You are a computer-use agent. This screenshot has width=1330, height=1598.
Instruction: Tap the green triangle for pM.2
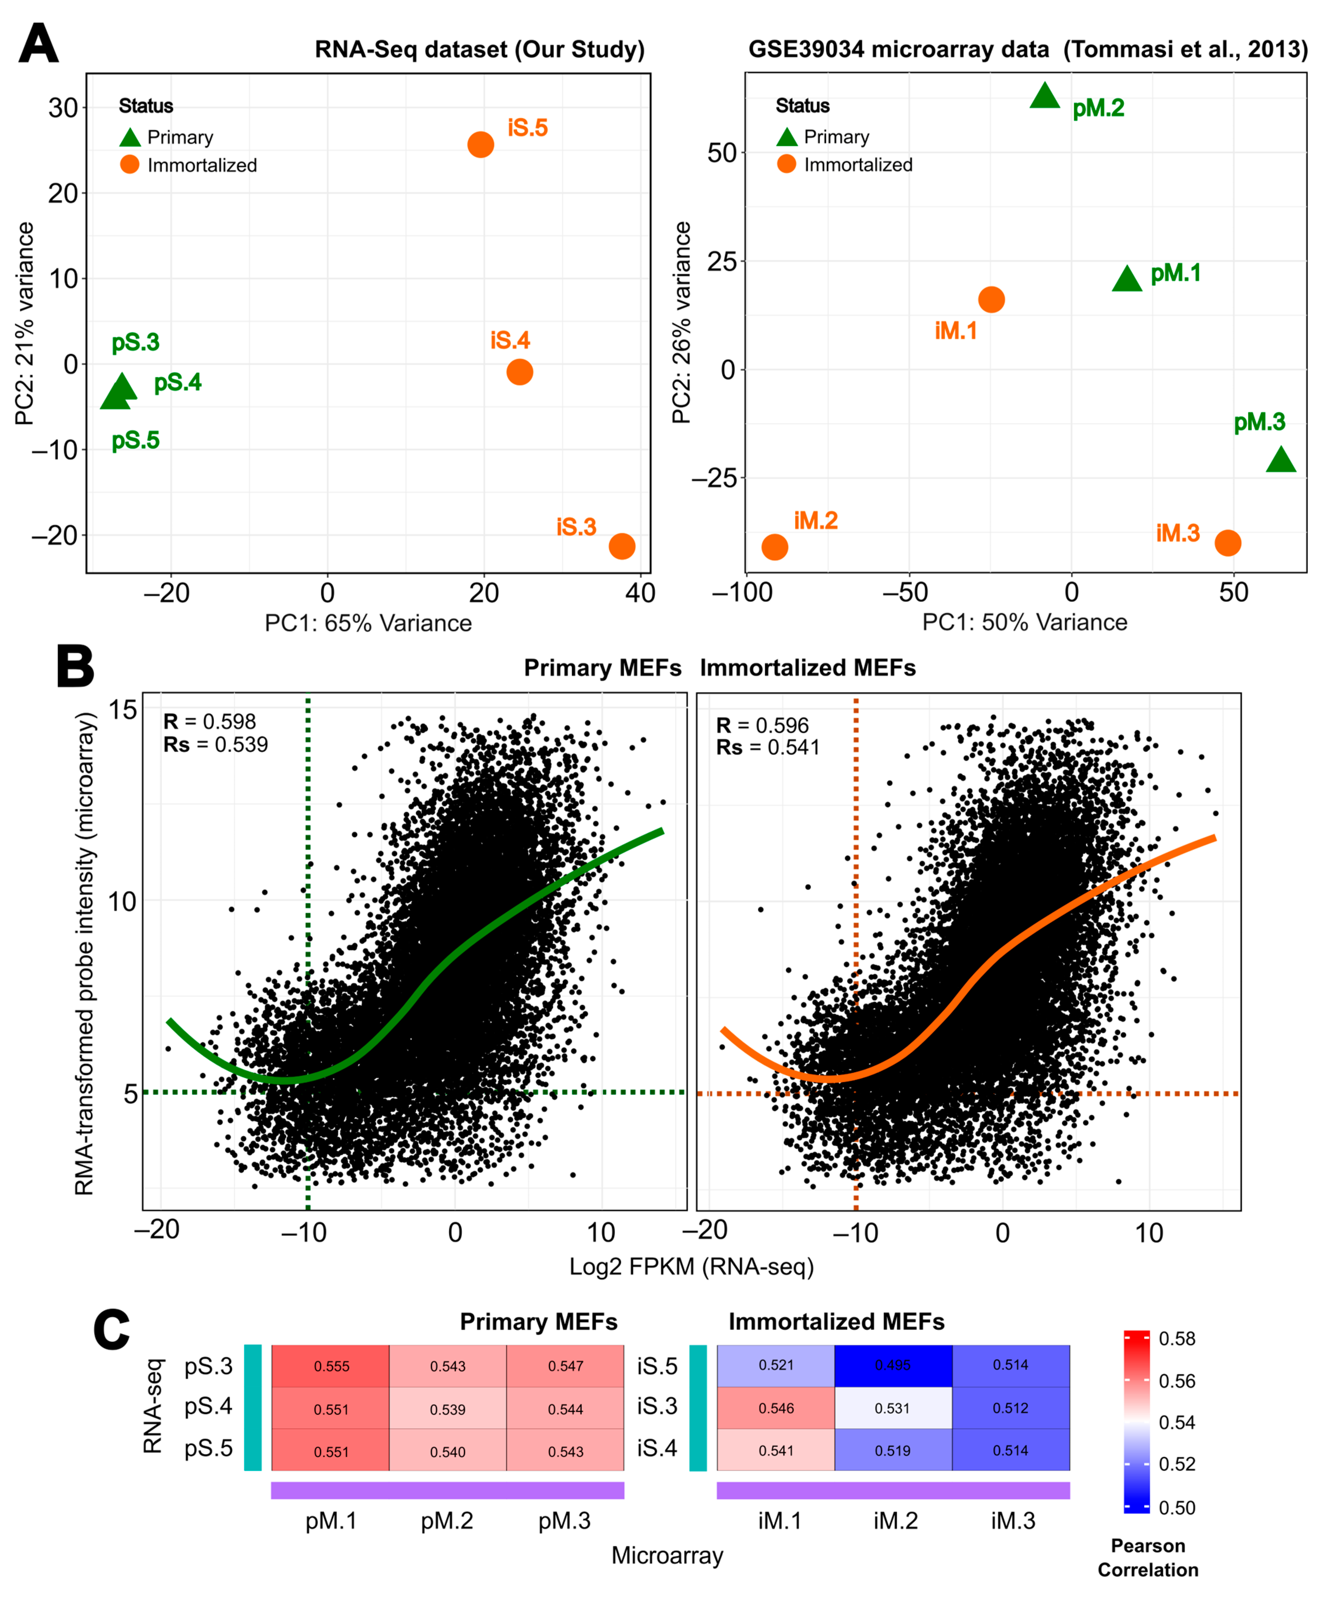coord(1045,96)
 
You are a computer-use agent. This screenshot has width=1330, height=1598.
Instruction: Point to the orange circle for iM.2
coord(774,547)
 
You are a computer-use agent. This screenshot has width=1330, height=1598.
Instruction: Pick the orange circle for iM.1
coord(991,300)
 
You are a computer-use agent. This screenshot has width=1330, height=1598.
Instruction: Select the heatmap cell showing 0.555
coord(331,1366)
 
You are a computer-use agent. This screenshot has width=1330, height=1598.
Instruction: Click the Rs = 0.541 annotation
coord(768,747)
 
